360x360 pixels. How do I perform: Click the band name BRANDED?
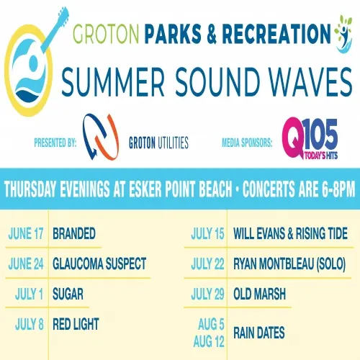click(x=74, y=233)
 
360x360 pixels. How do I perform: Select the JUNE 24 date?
click(x=26, y=264)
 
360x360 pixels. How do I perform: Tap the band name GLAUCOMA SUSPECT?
click(x=99, y=264)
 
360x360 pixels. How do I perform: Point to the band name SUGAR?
click(x=68, y=294)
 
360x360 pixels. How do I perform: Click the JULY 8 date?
click(x=30, y=324)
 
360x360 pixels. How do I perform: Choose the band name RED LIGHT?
click(x=76, y=324)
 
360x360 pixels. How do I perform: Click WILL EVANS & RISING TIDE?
click(x=290, y=233)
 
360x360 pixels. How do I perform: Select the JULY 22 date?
click(x=207, y=264)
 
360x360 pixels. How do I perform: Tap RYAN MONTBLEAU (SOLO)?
click(x=289, y=264)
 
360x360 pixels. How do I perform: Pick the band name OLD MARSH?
click(x=259, y=294)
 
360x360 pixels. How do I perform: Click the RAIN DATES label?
click(x=259, y=333)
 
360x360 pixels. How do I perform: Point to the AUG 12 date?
click(x=209, y=341)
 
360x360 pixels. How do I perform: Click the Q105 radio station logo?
click(x=310, y=138)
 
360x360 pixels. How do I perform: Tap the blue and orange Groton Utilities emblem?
click(x=101, y=137)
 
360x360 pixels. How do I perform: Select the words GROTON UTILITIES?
click(x=158, y=143)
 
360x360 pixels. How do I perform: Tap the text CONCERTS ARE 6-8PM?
click(x=299, y=189)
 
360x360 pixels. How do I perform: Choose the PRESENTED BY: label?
click(x=55, y=143)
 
